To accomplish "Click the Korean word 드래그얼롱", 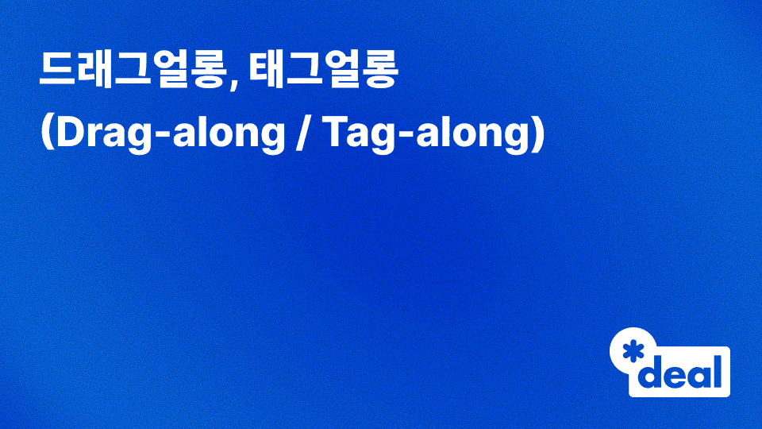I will tap(132, 72).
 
